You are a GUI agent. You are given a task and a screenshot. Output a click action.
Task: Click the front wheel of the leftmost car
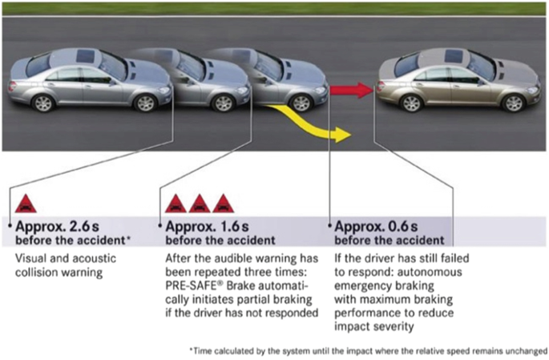[x=145, y=103]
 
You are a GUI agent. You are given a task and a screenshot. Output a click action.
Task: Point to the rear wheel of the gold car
[x=411, y=103]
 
